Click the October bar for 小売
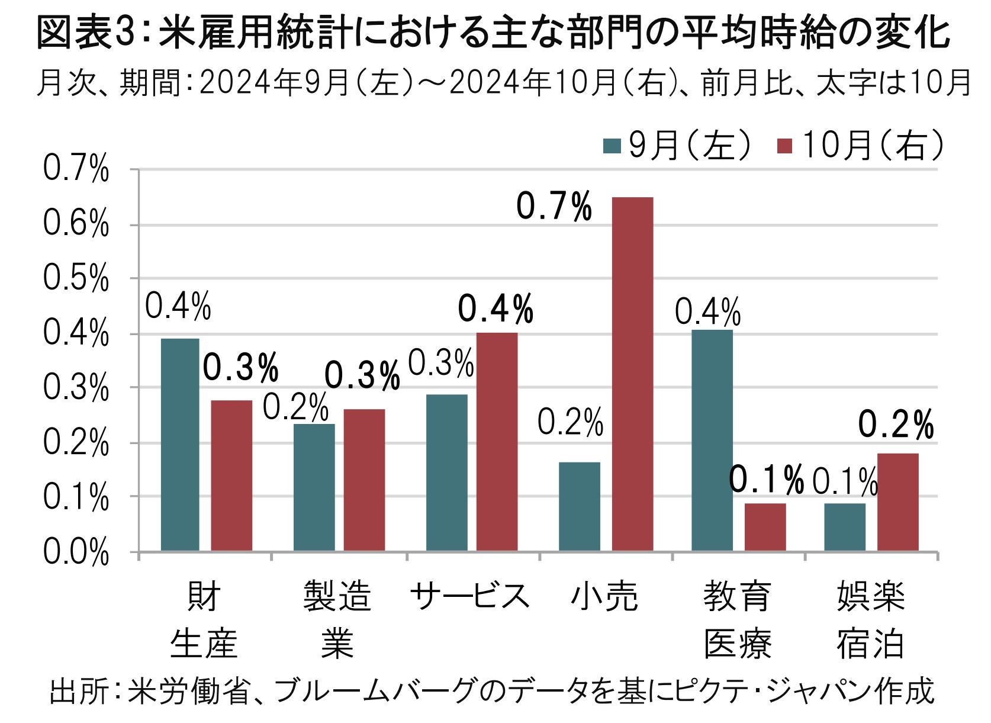pyautogui.click(x=632, y=374)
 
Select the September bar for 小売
pyautogui.click(x=579, y=507)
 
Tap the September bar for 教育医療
pyautogui.click(x=712, y=441)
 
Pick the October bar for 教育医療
pyautogui.click(x=765, y=527)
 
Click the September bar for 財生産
pyautogui.click(x=180, y=445)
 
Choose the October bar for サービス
pyautogui.click(x=497, y=442)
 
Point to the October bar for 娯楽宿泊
pyautogui.click(x=897, y=502)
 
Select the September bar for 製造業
pyautogui.click(x=314, y=487)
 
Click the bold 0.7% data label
pyautogui.click(x=554, y=207)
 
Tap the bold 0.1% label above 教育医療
pyautogui.click(x=766, y=480)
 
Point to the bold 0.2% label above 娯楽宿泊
pyautogui.click(x=896, y=425)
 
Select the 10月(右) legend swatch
pyautogui.click(x=784, y=146)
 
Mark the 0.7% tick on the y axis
pyautogui.click(x=76, y=170)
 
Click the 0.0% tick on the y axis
pyautogui.click(x=76, y=554)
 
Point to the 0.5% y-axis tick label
pyautogui.click(x=76, y=279)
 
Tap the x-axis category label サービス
pyautogui.click(x=469, y=596)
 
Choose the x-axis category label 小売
pyautogui.click(x=604, y=596)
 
